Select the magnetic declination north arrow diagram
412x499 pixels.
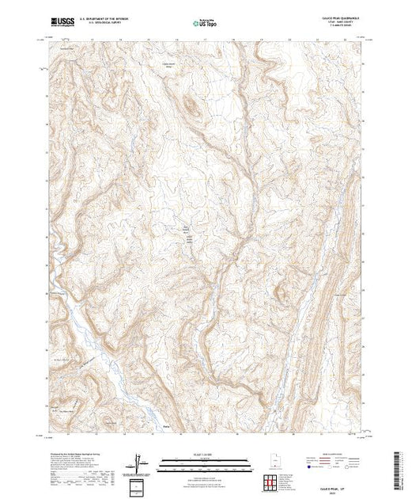141,462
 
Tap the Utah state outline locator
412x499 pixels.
270,463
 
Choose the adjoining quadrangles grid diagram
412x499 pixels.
270,482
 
